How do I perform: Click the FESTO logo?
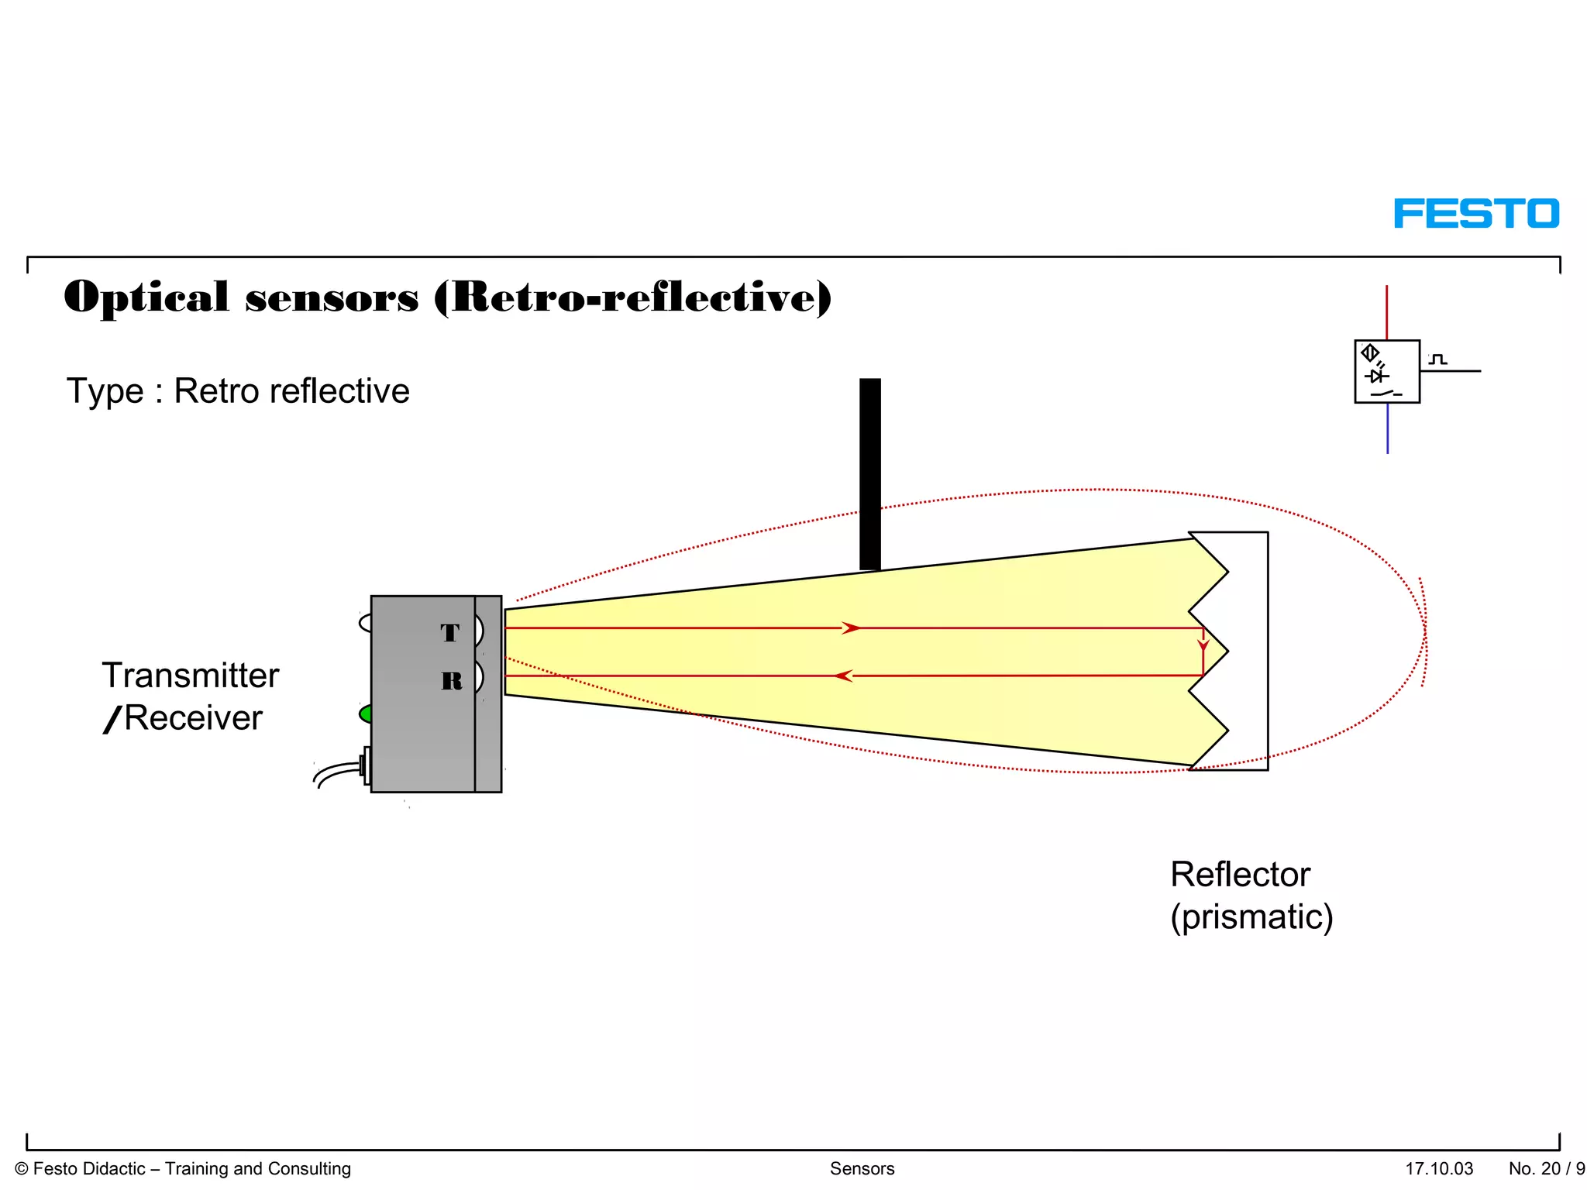[x=1476, y=214]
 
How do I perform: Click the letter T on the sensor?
[x=450, y=633]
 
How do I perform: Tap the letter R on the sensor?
[x=452, y=681]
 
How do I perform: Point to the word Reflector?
[x=1240, y=875]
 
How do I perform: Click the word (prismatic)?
[x=1251, y=917]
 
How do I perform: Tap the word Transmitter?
[x=191, y=676]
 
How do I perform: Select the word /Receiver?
[x=184, y=718]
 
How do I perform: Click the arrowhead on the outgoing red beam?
[x=851, y=628]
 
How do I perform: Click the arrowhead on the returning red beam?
[x=844, y=676]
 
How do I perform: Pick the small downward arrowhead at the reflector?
[x=1203, y=645]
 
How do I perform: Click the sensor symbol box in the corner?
[x=1387, y=372]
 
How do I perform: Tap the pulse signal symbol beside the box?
[x=1438, y=359]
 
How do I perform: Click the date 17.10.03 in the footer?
[x=1439, y=1168]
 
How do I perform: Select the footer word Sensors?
[x=862, y=1168]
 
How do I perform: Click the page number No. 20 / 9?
[x=1547, y=1168]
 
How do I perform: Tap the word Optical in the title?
[x=146, y=297]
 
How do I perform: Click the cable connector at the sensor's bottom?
[x=365, y=765]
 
